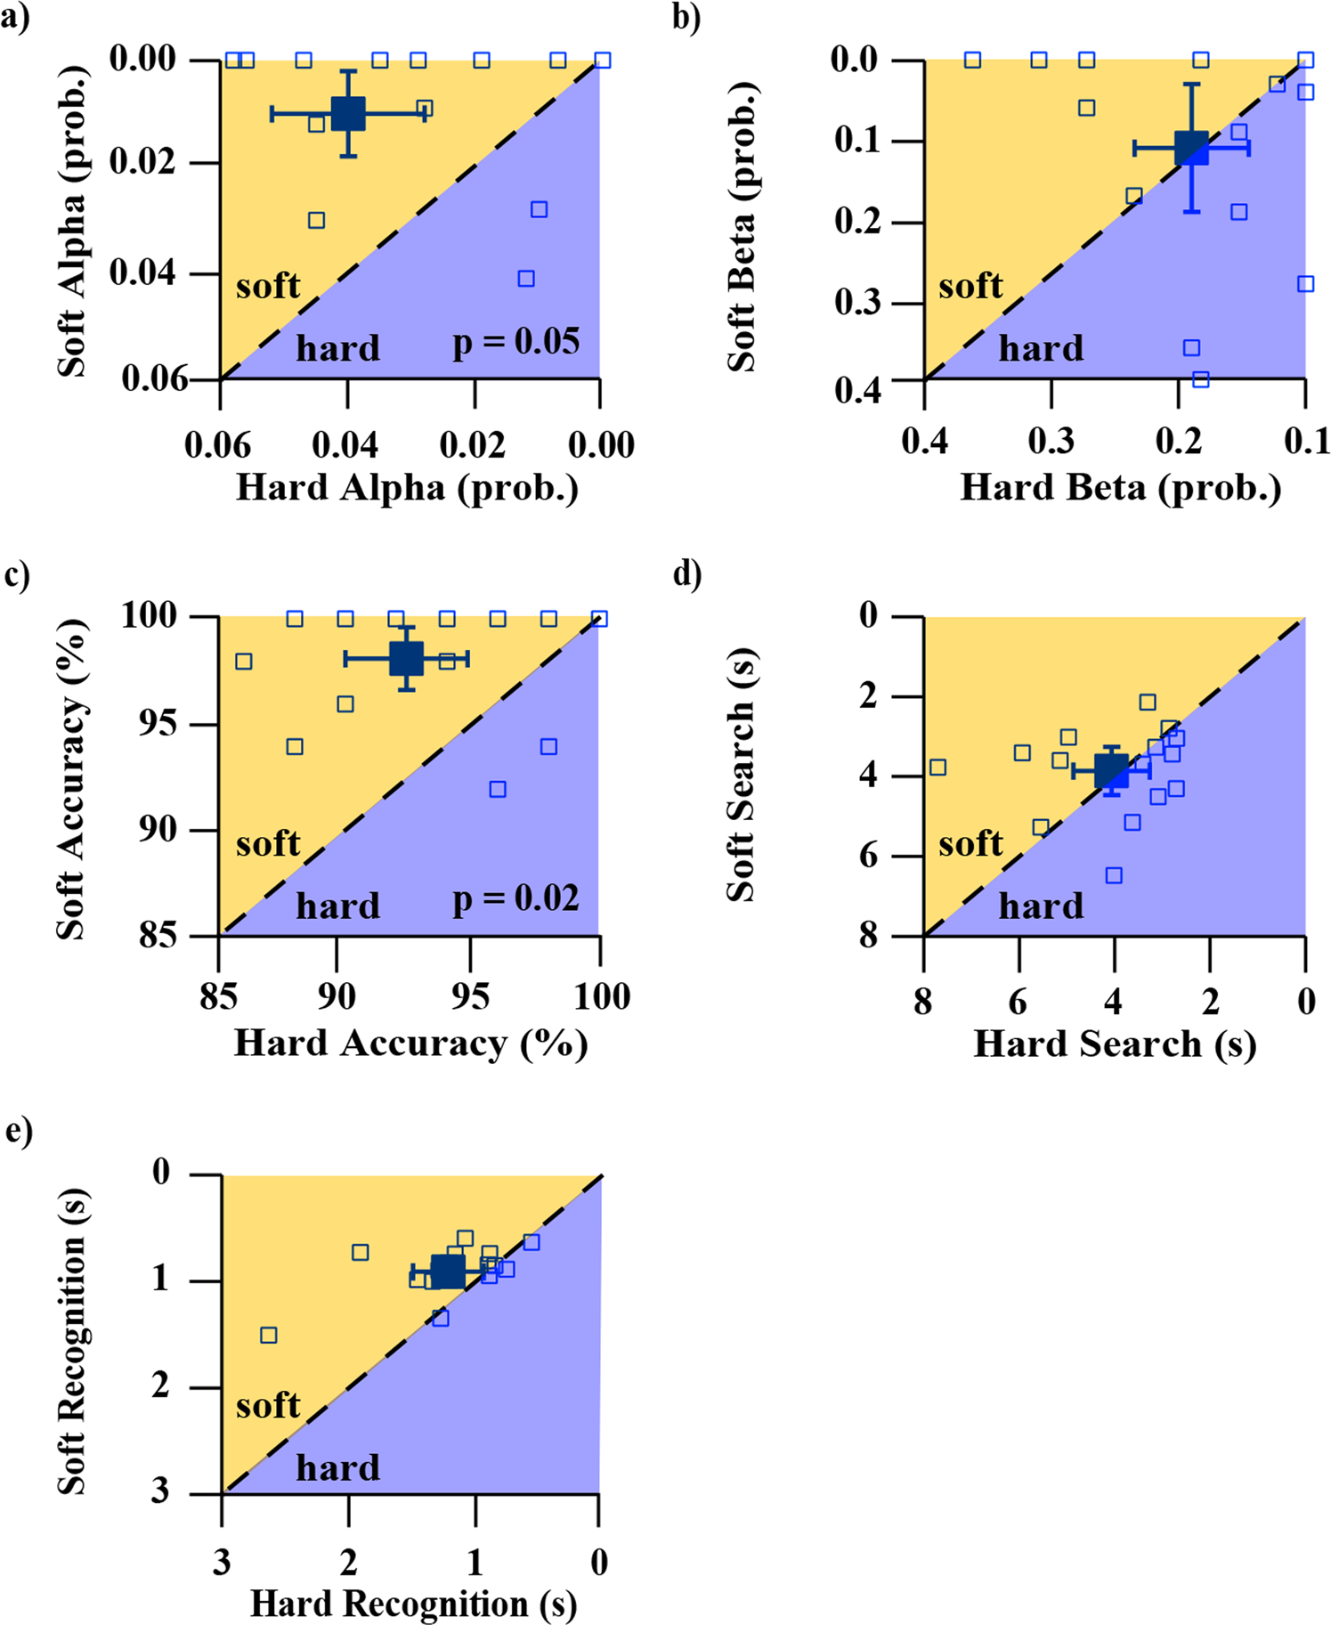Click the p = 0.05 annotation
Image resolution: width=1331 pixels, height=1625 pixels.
point(516,342)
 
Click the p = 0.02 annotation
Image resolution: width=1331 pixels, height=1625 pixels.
point(516,898)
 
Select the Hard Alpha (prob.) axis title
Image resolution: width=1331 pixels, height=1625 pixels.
point(407,487)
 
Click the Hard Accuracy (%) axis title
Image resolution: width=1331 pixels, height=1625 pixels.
point(410,1044)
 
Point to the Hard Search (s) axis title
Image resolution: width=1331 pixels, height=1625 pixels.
point(1115,1044)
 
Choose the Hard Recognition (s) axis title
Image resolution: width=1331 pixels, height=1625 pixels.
point(413,1604)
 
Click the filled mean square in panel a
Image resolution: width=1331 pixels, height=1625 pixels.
point(348,113)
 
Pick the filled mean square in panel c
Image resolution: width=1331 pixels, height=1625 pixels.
point(407,659)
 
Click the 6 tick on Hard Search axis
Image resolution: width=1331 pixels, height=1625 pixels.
point(1019,1002)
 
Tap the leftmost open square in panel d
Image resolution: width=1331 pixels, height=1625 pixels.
point(937,768)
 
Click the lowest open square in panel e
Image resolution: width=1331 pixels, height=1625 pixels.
point(268,1335)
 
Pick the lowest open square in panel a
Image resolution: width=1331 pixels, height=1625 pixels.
point(526,279)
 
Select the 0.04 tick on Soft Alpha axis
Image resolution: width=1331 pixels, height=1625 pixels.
point(142,272)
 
